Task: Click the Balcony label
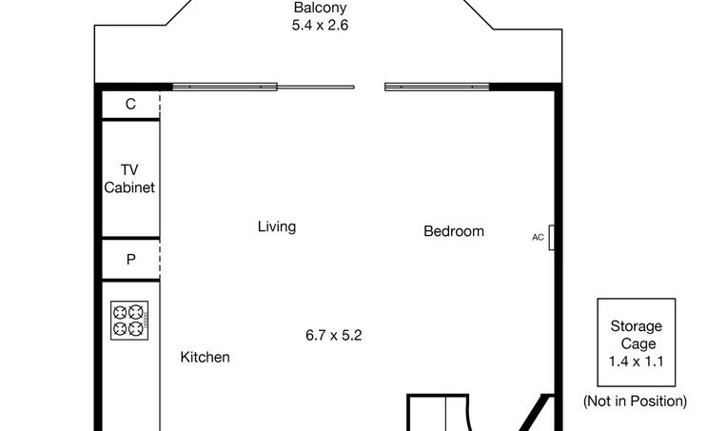[x=320, y=8]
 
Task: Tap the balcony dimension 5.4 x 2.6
[x=320, y=25]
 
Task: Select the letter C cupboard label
[x=130, y=104]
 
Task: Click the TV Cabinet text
[x=129, y=179]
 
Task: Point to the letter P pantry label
[x=130, y=260]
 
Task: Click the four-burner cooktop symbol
[x=129, y=321]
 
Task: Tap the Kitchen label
[x=205, y=358]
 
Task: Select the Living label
[x=277, y=226]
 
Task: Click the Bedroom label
[x=454, y=231]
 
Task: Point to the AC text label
[x=538, y=237]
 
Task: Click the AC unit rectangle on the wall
[x=551, y=237]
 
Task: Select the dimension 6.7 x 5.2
[x=334, y=335]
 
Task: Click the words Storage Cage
[x=636, y=335]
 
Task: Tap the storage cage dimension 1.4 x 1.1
[x=636, y=361]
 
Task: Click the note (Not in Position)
[x=636, y=401]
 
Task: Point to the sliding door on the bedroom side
[x=437, y=87]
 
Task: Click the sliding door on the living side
[x=264, y=87]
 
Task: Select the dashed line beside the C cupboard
[x=160, y=106]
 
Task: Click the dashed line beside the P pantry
[x=160, y=260]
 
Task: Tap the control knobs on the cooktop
[x=146, y=320]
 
